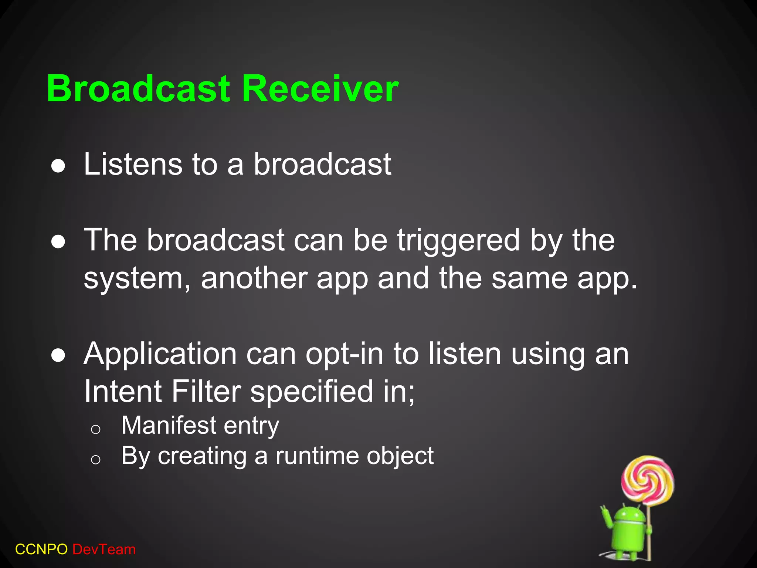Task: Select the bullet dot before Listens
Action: pyautogui.click(x=58, y=167)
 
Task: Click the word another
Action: pyautogui.click(x=254, y=278)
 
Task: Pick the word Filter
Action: pyautogui.click(x=206, y=392)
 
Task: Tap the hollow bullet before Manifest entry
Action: pyautogui.click(x=96, y=429)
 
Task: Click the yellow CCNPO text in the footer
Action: pyautogui.click(x=41, y=550)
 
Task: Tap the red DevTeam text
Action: pyautogui.click(x=104, y=550)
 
